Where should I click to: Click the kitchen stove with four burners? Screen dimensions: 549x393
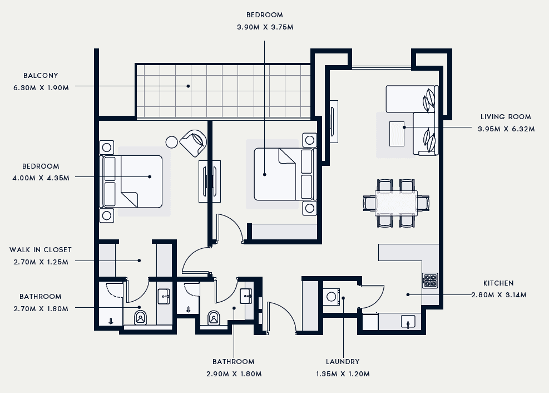click(x=430, y=281)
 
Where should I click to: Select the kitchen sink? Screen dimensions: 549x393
click(x=408, y=322)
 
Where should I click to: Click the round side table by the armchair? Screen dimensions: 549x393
click(x=172, y=142)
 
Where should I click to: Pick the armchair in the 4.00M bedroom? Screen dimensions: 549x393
click(x=193, y=143)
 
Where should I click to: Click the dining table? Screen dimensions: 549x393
click(x=397, y=203)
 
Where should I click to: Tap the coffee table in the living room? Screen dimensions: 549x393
click(x=397, y=134)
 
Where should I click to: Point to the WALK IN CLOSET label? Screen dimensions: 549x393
click(x=41, y=250)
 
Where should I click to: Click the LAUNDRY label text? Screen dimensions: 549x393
click(x=343, y=361)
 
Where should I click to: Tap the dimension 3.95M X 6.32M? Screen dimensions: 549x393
click(x=506, y=129)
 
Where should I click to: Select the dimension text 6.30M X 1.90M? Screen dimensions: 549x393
click(x=41, y=87)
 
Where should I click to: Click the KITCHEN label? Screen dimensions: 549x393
click(x=498, y=283)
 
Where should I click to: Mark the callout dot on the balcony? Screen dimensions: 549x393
click(x=188, y=86)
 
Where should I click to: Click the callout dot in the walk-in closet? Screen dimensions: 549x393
click(x=139, y=261)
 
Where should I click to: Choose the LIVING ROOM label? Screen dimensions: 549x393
click(x=506, y=117)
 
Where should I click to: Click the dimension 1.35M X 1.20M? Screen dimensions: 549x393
click(x=343, y=374)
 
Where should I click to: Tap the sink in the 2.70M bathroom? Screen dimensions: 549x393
click(x=164, y=296)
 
